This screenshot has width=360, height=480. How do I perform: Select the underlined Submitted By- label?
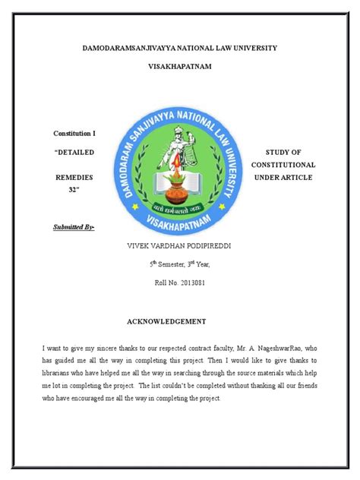tap(74, 226)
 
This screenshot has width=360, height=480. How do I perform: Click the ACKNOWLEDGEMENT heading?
tap(179, 321)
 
